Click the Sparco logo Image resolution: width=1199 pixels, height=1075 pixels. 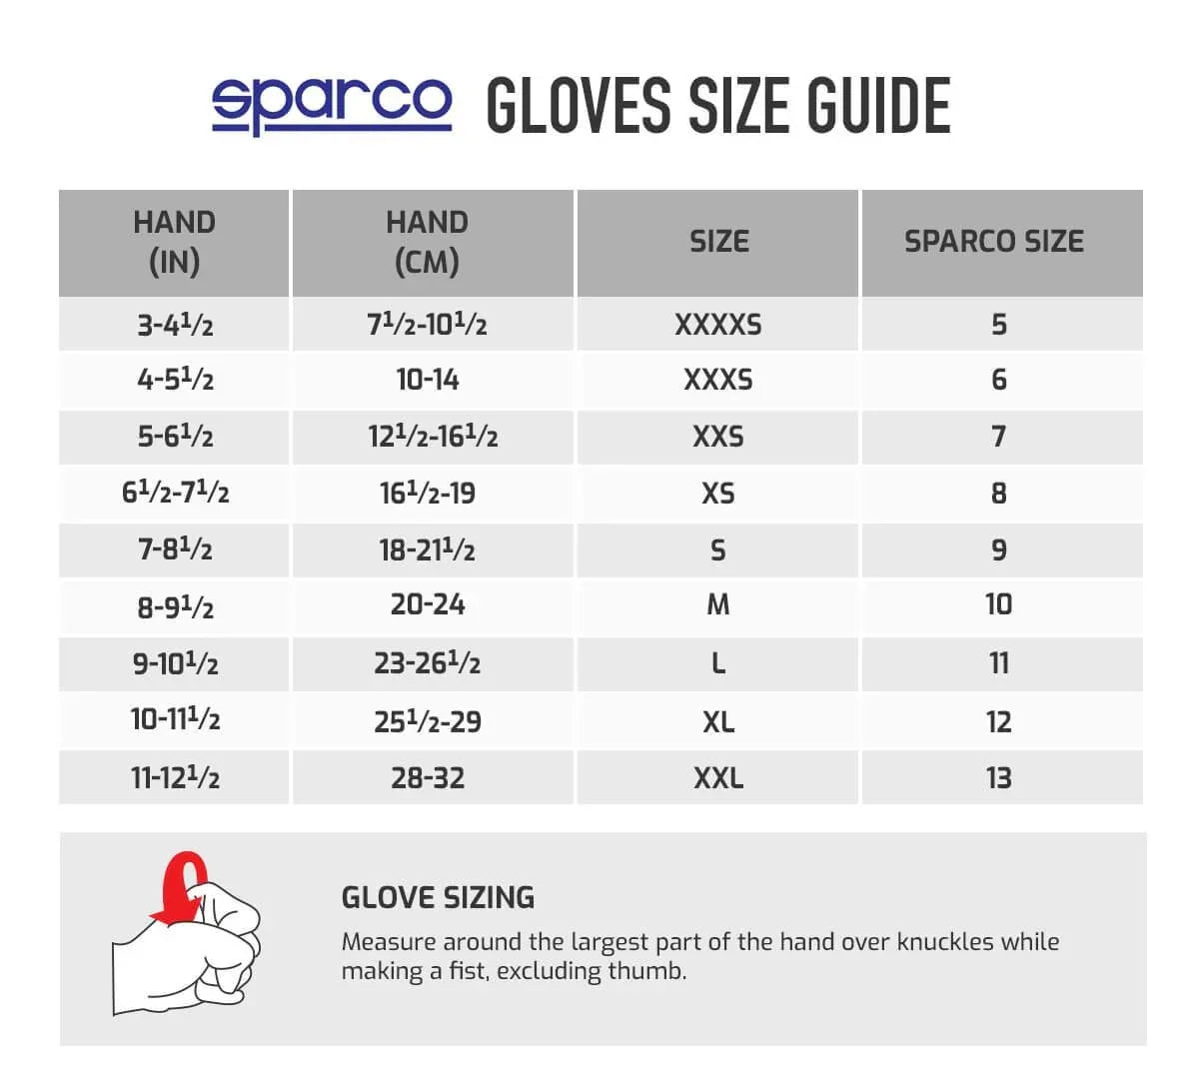click(x=332, y=104)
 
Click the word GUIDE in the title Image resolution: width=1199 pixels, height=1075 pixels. click(x=879, y=106)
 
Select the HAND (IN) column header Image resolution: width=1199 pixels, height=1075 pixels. click(x=174, y=242)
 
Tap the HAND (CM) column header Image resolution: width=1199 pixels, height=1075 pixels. click(x=427, y=242)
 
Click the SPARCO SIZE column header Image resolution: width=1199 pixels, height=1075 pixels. click(x=994, y=242)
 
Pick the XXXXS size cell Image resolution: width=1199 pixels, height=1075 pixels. click(x=718, y=325)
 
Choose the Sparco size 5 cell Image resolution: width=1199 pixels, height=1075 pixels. click(x=999, y=325)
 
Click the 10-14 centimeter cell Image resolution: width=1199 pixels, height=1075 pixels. click(x=428, y=380)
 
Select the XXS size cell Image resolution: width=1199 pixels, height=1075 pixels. click(x=718, y=437)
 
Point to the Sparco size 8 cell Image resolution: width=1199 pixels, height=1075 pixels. click(x=999, y=493)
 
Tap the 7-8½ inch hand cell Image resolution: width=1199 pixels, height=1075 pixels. click(x=175, y=549)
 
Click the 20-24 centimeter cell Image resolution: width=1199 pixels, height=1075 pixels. click(x=428, y=604)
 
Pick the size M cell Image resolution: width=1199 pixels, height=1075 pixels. click(x=718, y=604)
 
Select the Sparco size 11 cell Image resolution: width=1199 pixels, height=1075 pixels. click(x=999, y=662)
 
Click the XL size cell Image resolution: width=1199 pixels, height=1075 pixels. click(x=718, y=721)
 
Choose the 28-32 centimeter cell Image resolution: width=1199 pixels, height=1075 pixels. click(x=428, y=778)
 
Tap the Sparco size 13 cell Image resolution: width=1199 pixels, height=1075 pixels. click(x=999, y=778)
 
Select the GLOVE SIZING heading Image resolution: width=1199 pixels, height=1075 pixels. click(x=438, y=897)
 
